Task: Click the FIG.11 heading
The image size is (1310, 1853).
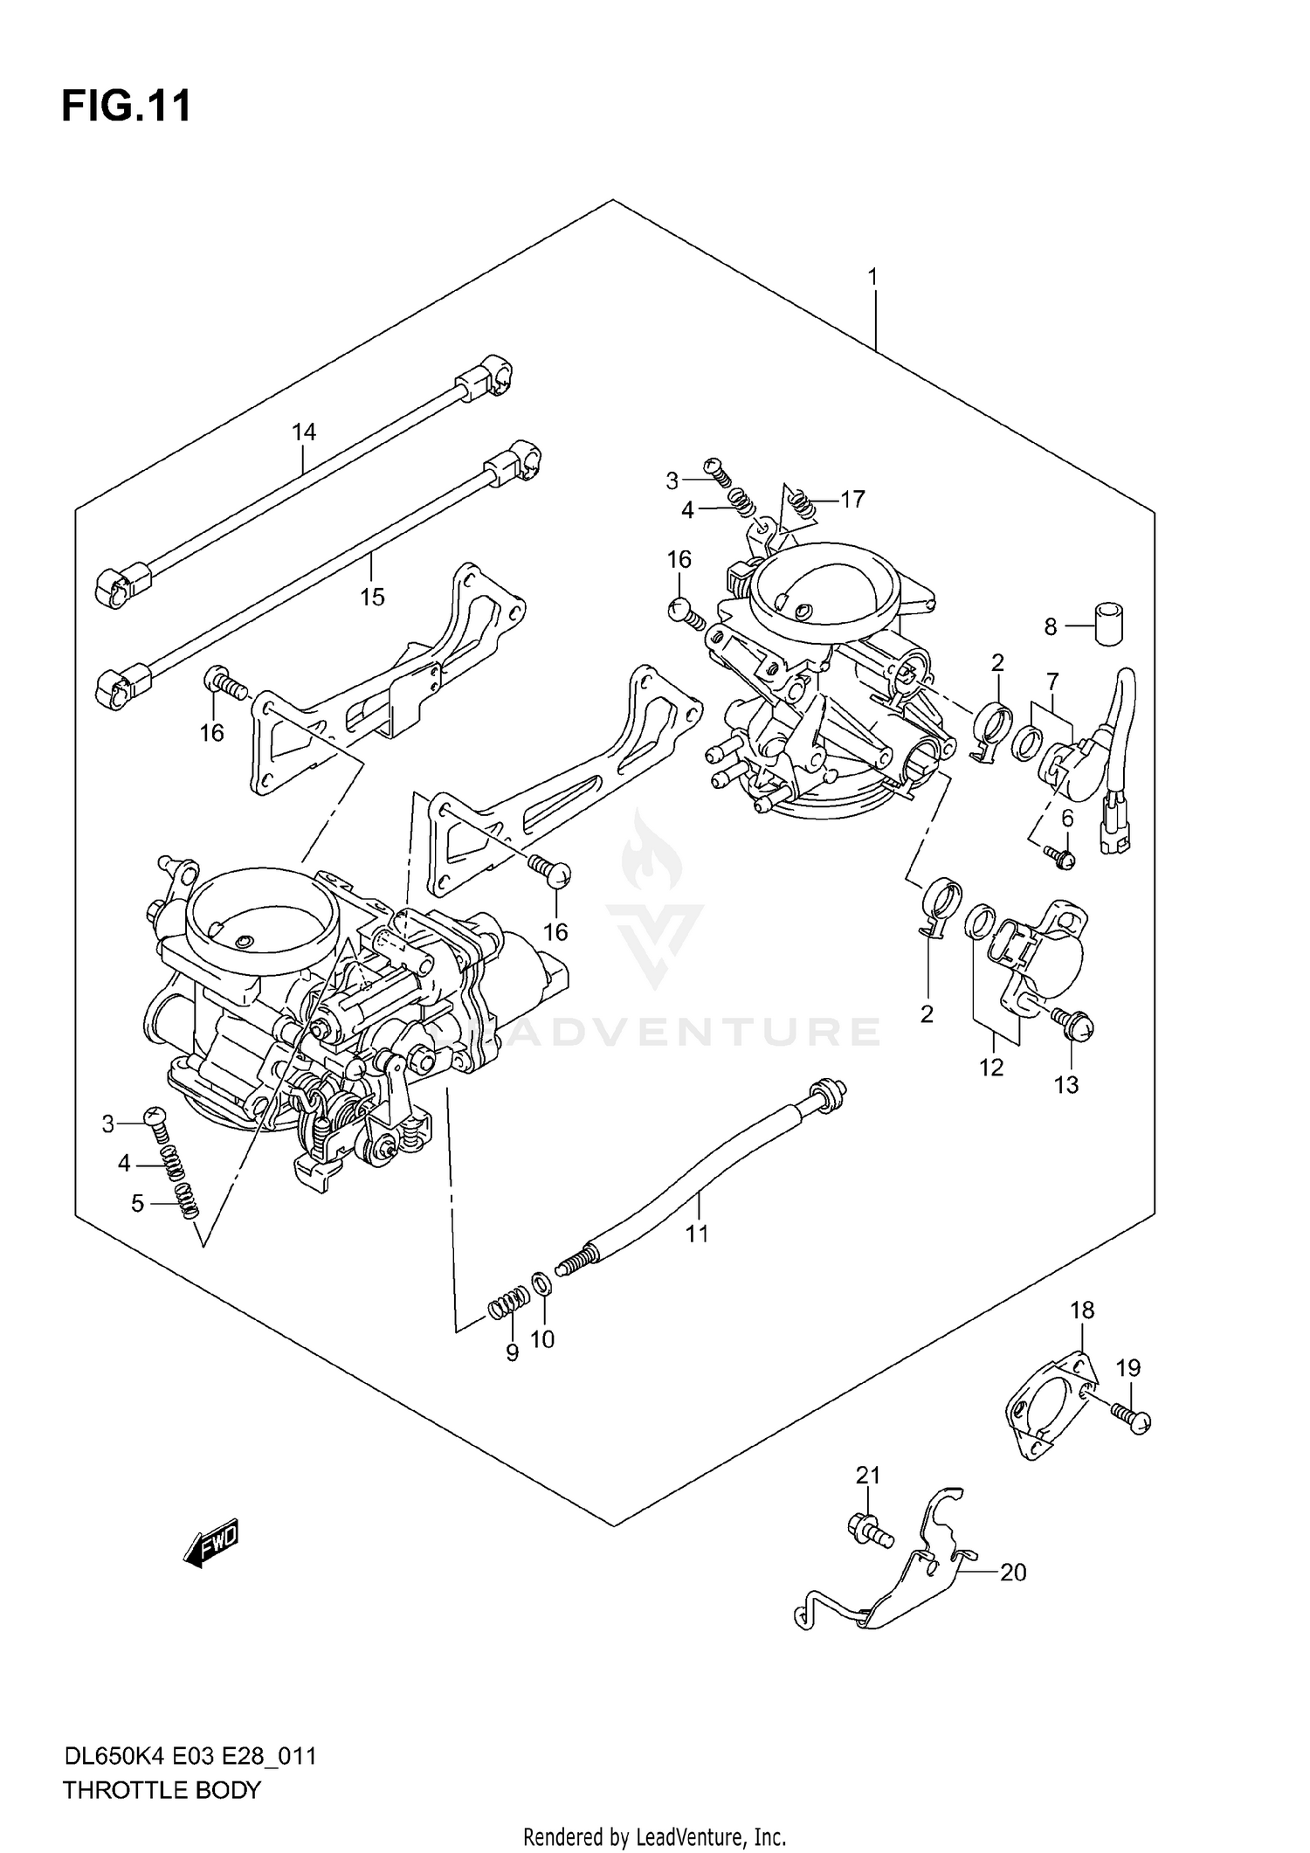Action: [127, 107]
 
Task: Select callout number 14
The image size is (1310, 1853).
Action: [304, 432]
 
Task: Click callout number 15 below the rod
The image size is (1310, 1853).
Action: [372, 597]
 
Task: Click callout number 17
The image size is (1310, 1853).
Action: [852, 499]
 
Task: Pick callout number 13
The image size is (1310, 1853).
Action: [1066, 1084]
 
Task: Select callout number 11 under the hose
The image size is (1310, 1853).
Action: [696, 1234]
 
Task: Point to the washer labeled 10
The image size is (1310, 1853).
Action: [541, 1283]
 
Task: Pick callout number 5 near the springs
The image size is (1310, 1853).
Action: [137, 1203]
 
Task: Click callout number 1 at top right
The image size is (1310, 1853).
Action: [872, 277]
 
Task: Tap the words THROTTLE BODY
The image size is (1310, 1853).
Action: [162, 1790]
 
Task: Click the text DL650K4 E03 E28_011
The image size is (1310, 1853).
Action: [189, 1756]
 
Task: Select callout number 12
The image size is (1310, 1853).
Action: [991, 1067]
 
